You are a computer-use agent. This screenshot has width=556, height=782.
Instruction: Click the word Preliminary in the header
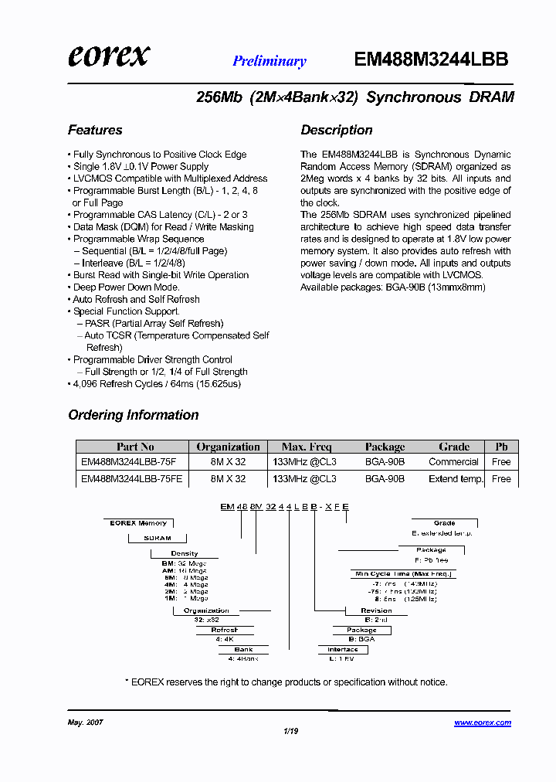pyautogui.click(x=270, y=61)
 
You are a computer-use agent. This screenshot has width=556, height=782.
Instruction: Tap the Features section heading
pyautogui.click(x=95, y=130)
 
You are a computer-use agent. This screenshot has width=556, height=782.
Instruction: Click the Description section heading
pyautogui.click(x=337, y=130)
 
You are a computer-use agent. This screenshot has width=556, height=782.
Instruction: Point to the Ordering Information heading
pyautogui.click(x=134, y=415)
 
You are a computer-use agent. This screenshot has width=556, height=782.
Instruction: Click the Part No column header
pyautogui.click(x=135, y=447)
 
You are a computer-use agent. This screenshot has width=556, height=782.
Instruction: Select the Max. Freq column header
pyautogui.click(x=307, y=447)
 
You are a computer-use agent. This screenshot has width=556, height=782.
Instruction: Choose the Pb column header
pyautogui.click(x=501, y=447)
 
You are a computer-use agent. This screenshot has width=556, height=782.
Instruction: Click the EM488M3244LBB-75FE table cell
pyautogui.click(x=132, y=479)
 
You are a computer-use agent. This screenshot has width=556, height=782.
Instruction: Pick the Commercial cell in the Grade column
pyautogui.click(x=454, y=462)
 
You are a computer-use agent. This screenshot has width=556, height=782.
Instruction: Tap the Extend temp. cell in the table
pyautogui.click(x=456, y=479)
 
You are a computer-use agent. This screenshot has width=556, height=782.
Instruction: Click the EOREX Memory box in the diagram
pyautogui.click(x=138, y=523)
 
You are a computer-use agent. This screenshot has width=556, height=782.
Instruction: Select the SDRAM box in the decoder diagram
pyautogui.click(x=158, y=538)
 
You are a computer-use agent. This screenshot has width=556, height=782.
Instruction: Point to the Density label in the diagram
pyautogui.click(x=185, y=553)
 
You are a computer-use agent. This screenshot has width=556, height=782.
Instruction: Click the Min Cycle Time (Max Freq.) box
pyautogui.click(x=402, y=574)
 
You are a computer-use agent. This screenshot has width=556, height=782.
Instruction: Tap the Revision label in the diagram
pyautogui.click(x=377, y=610)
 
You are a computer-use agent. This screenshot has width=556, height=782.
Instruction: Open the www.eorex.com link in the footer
pyautogui.click(x=483, y=722)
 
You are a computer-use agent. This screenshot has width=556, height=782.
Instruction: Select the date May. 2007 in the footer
pyautogui.click(x=86, y=722)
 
